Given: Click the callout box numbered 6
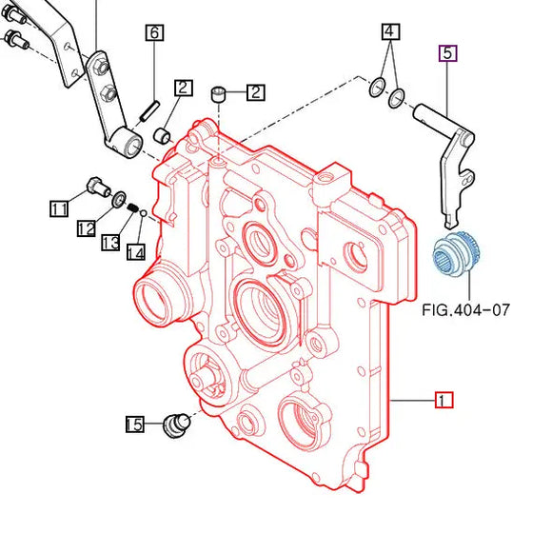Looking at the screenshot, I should pos(154,34).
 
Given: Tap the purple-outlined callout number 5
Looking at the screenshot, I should pos(446,54).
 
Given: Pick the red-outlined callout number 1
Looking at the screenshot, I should pos(444,401).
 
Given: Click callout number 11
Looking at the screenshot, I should pos(60,208).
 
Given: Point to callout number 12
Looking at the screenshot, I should pos(87,227).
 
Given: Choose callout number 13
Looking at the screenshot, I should pos(110,243).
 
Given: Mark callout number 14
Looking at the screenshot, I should pos(135,252).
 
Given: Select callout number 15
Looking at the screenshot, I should pos(136,424).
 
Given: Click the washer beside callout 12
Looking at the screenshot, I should pos(118,201).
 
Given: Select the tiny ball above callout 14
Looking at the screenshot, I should pos(143,215).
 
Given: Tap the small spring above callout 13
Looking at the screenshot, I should pos(133,208).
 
